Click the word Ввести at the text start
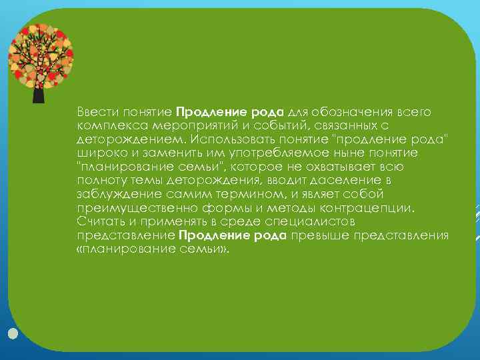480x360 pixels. [92, 110]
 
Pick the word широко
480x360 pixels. [96, 152]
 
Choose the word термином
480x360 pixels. [261, 194]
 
